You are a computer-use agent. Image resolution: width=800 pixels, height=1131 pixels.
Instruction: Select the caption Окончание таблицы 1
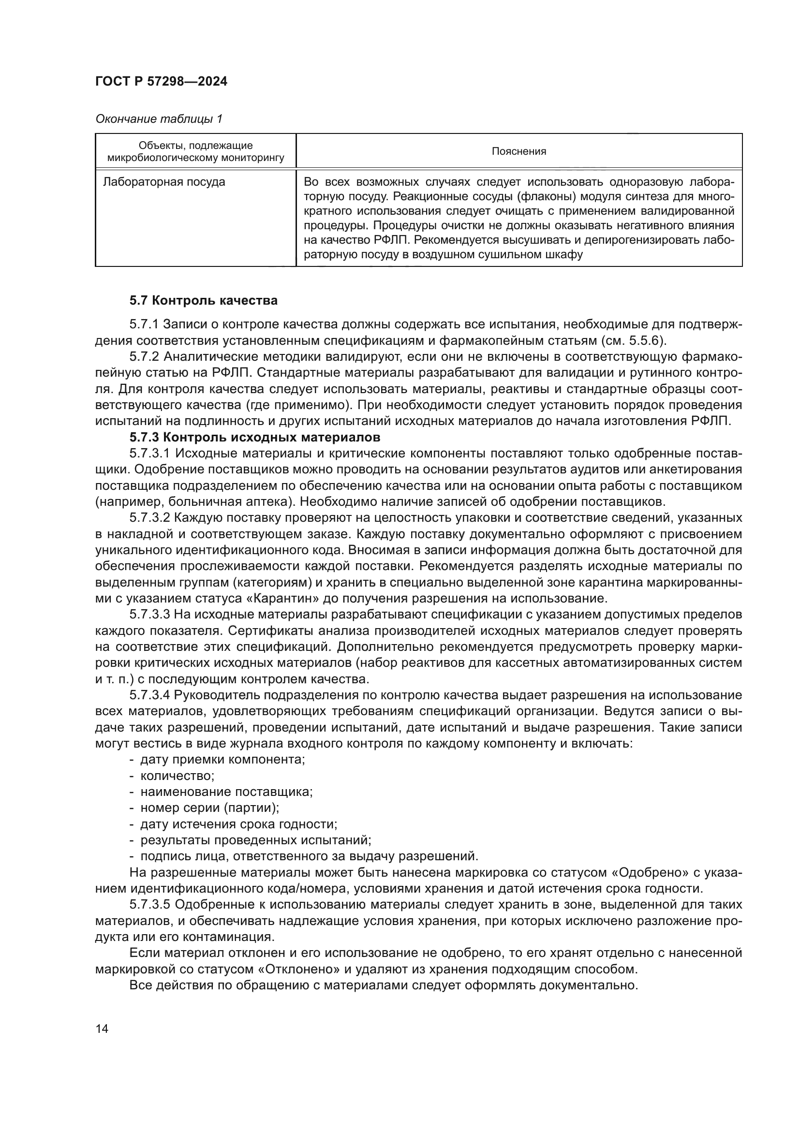click(x=159, y=119)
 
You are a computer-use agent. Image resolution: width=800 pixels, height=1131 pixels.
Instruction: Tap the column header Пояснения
click(x=519, y=151)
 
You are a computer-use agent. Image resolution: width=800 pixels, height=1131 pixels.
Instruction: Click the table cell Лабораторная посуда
click(x=164, y=182)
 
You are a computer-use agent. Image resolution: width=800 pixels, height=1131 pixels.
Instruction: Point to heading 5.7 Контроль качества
click(x=204, y=300)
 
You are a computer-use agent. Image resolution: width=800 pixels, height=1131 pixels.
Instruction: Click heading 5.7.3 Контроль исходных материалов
click(x=255, y=437)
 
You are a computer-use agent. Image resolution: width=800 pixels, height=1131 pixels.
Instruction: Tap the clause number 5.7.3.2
click(x=150, y=518)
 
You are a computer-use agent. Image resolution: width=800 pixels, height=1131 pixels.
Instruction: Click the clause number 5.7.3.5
click(x=150, y=905)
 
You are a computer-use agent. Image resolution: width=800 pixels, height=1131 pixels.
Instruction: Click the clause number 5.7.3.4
click(x=150, y=695)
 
